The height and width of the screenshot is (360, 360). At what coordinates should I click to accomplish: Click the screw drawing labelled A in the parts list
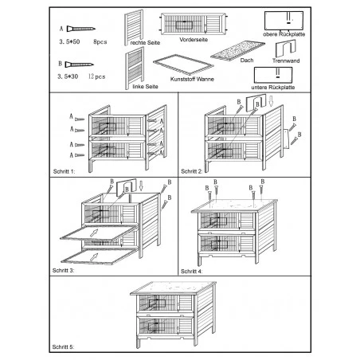80,29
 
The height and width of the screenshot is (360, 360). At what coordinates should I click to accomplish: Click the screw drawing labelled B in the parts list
80,65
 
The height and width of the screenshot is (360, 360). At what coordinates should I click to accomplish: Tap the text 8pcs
100,41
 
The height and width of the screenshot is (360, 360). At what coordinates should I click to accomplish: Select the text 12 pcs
96,76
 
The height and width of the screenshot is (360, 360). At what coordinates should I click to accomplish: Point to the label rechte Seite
145,43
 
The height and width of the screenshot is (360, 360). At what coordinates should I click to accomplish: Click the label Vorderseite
194,40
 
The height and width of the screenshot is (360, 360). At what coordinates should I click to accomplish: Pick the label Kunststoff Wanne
192,79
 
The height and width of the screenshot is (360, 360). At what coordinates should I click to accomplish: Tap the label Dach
247,61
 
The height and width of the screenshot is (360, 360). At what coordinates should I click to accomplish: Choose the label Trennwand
286,61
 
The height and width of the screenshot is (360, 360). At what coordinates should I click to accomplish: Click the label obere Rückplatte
284,34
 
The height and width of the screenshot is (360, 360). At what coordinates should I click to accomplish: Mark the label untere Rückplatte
273,88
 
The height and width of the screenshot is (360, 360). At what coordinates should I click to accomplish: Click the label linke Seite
145,87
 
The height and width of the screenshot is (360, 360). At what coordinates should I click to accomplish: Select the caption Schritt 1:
64,171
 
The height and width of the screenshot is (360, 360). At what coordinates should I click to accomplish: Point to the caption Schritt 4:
191,272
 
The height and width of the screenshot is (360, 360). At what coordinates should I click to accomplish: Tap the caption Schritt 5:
63,347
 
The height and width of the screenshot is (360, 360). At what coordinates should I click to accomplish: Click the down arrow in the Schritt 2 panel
271,101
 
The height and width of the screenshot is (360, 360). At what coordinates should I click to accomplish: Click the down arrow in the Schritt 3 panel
141,186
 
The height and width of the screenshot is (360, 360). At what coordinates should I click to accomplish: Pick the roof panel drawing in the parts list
237,50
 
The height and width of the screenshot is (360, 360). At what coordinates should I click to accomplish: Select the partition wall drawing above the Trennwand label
285,49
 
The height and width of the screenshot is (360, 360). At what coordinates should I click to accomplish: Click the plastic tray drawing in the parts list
183,65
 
